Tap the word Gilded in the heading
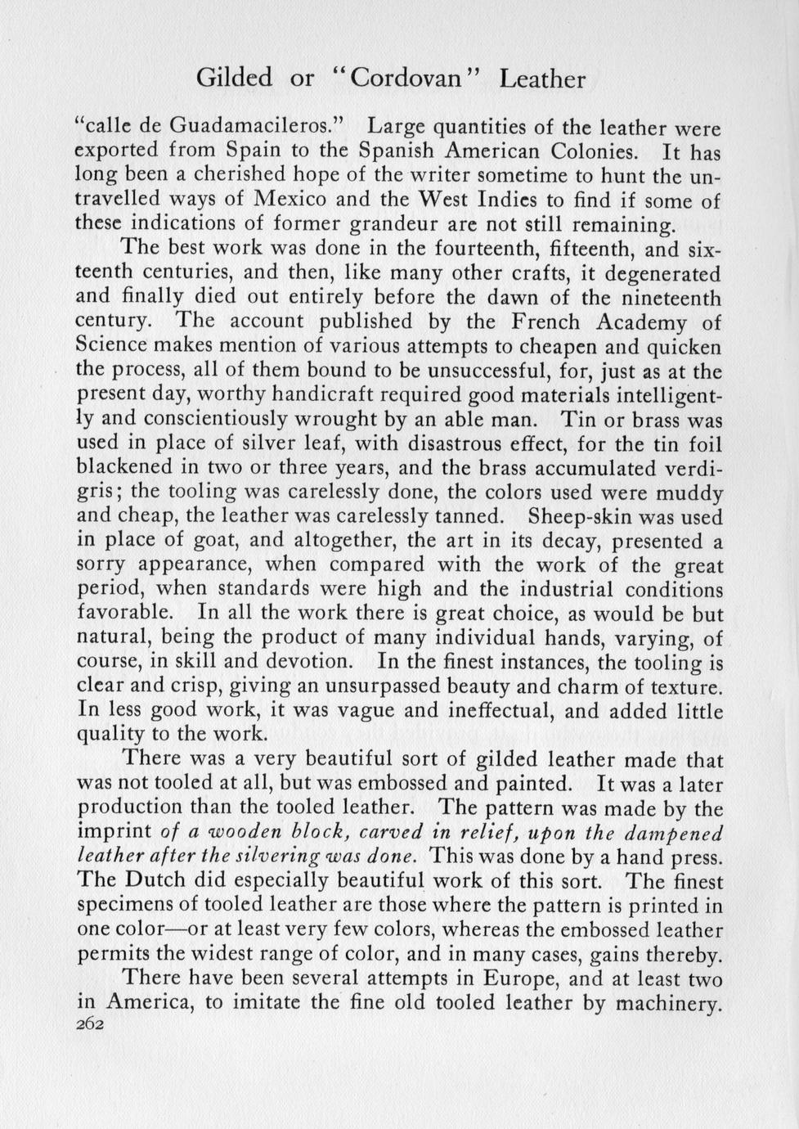[235, 79]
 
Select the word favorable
[123, 613]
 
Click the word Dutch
[151, 882]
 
